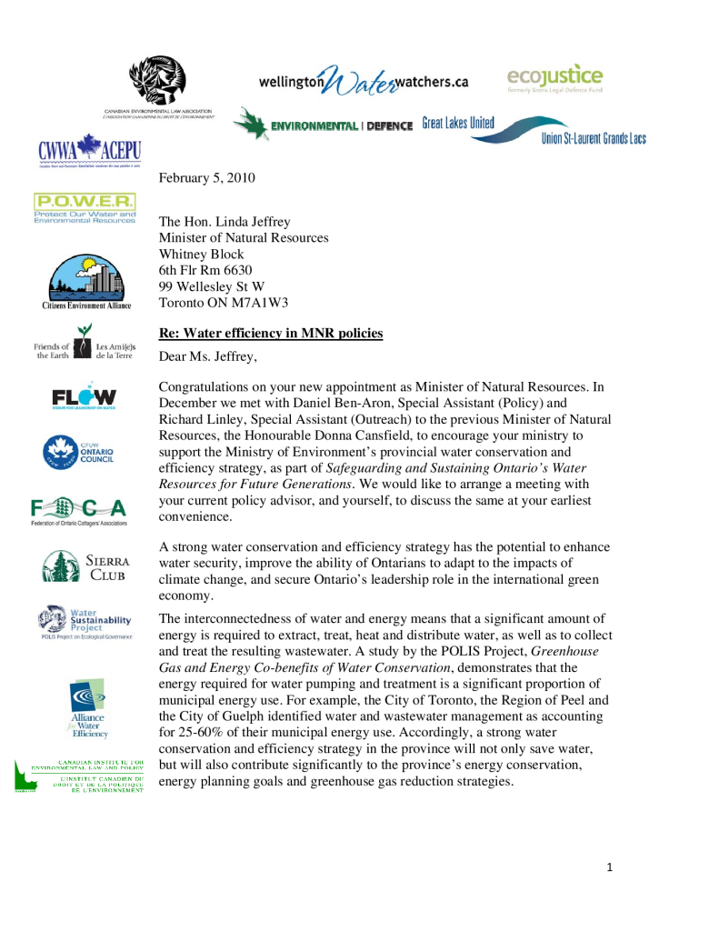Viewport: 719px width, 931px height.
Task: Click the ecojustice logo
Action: pyautogui.click(x=554, y=77)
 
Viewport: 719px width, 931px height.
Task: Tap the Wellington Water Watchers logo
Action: pyautogui.click(x=363, y=81)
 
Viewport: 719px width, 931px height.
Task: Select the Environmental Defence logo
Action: pyautogui.click(x=323, y=125)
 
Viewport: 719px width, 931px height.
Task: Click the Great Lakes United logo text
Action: pyautogui.click(x=458, y=124)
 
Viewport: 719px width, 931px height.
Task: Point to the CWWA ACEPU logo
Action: pyautogui.click(x=89, y=151)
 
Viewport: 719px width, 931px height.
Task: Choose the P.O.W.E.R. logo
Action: pyautogui.click(x=85, y=208)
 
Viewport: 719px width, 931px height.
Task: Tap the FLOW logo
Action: pyautogui.click(x=84, y=397)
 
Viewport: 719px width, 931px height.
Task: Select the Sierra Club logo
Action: pyautogui.click(x=86, y=566)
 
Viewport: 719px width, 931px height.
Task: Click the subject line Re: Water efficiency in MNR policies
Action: pyautogui.click(x=271, y=334)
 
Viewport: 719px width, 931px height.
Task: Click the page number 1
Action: pyautogui.click(x=610, y=867)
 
